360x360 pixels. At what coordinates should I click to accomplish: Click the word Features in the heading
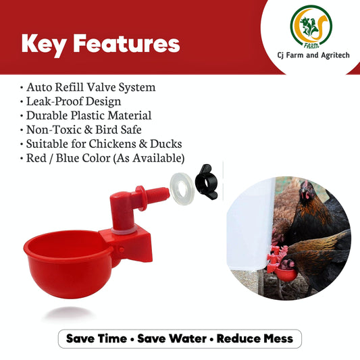[127, 43]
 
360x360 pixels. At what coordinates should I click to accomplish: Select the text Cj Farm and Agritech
[313, 55]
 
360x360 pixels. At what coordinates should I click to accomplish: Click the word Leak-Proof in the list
[55, 101]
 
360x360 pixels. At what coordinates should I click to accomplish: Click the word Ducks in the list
[165, 144]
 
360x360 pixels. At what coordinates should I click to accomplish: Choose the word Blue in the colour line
[68, 158]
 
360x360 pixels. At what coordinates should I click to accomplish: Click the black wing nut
[206, 182]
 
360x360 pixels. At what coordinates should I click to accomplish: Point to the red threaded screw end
[159, 195]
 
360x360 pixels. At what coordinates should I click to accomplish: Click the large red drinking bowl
[68, 264]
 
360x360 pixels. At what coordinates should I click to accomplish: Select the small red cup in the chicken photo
[286, 274]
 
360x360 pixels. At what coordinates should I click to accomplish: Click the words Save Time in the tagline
[97, 338]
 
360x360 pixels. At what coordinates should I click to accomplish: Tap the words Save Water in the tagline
[172, 338]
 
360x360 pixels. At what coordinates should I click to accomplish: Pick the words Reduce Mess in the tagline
[255, 338]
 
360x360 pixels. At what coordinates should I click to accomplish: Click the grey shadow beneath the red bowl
[69, 313]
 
